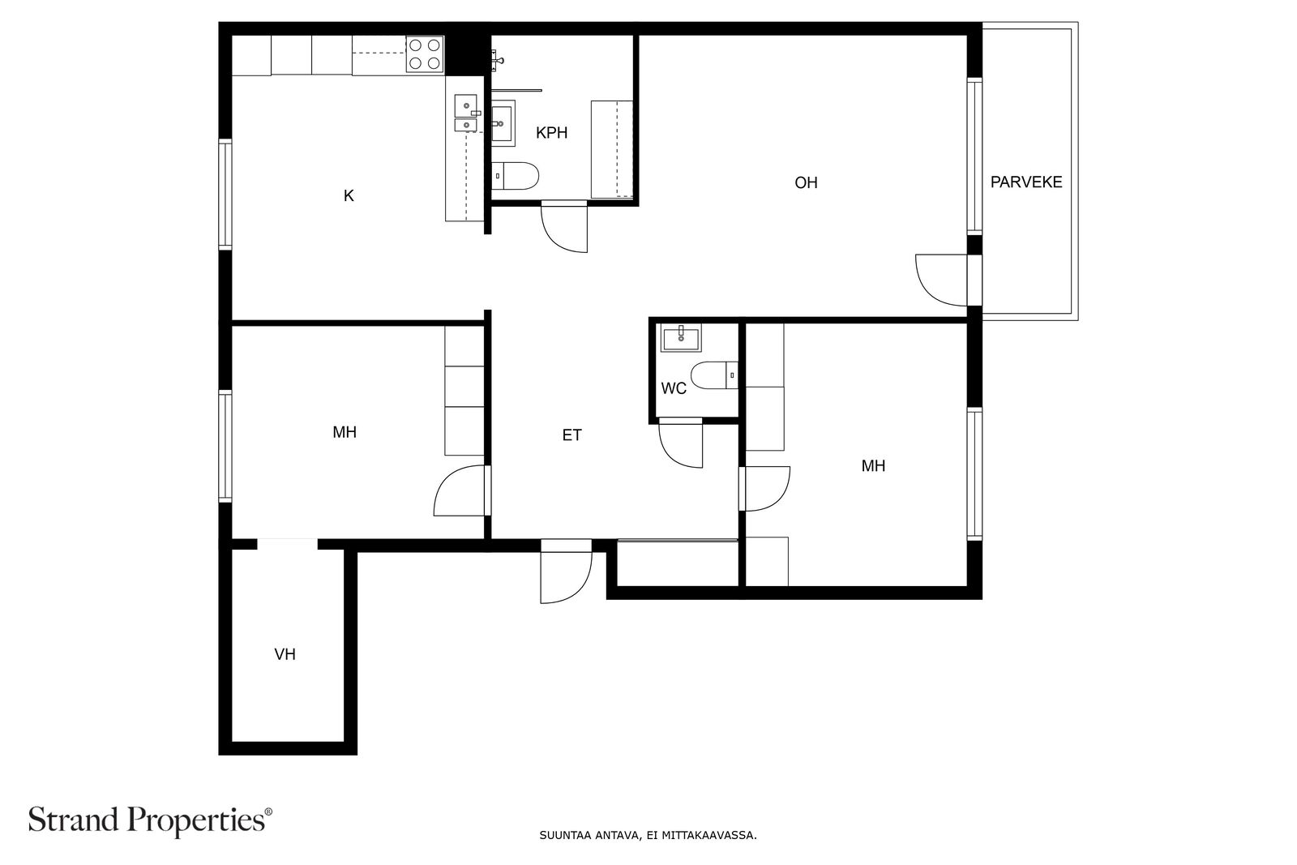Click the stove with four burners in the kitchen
425,54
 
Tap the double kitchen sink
465,113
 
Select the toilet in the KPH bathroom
516,175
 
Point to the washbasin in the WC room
681,337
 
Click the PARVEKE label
1026,182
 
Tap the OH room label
806,183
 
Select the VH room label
285,654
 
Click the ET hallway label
571,435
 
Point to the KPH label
551,133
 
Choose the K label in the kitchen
349,195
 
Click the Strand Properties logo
150,821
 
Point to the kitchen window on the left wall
225,195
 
